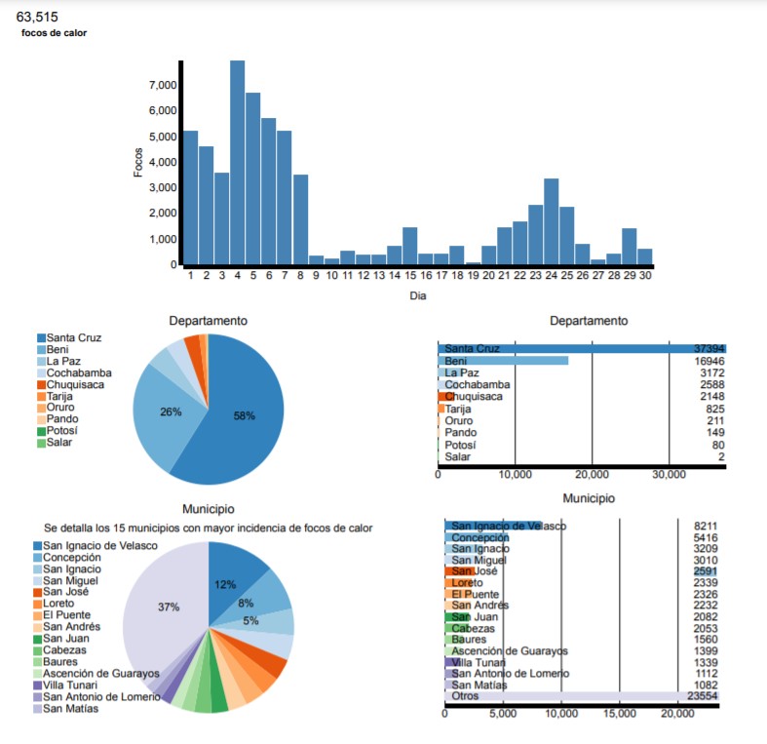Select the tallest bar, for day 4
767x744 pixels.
coord(238,161)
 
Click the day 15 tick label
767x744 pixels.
coord(409,276)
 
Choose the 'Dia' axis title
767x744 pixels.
coord(418,294)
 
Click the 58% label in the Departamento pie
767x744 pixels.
coord(245,415)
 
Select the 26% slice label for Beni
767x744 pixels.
coord(171,411)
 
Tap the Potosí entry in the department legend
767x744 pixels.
coord(61,431)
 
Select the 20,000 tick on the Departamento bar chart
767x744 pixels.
coord(592,475)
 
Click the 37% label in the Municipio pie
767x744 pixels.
coord(169,607)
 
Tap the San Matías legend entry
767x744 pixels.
coord(71,708)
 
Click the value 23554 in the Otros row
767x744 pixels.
coord(699,697)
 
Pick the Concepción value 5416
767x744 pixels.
coord(699,537)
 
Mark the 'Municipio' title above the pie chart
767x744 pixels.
coord(208,508)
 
